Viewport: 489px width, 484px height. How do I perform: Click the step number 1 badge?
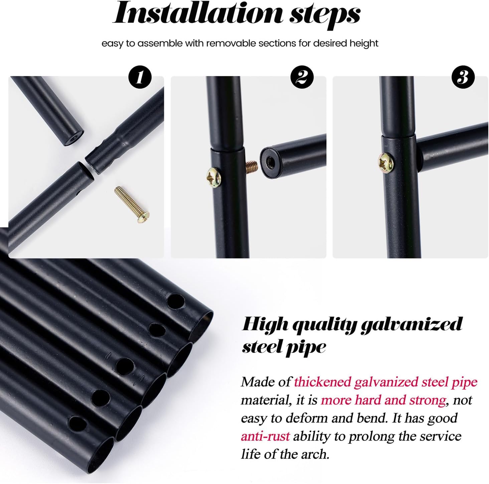[140, 77]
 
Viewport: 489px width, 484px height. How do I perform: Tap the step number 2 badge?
[302, 77]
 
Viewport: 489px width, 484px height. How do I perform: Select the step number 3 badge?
[463, 77]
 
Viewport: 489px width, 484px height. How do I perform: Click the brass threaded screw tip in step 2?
[252, 166]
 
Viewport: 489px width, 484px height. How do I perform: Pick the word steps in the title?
[325, 16]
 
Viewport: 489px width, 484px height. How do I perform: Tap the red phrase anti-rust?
[265, 437]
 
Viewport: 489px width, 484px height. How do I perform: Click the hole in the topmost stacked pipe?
[176, 301]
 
